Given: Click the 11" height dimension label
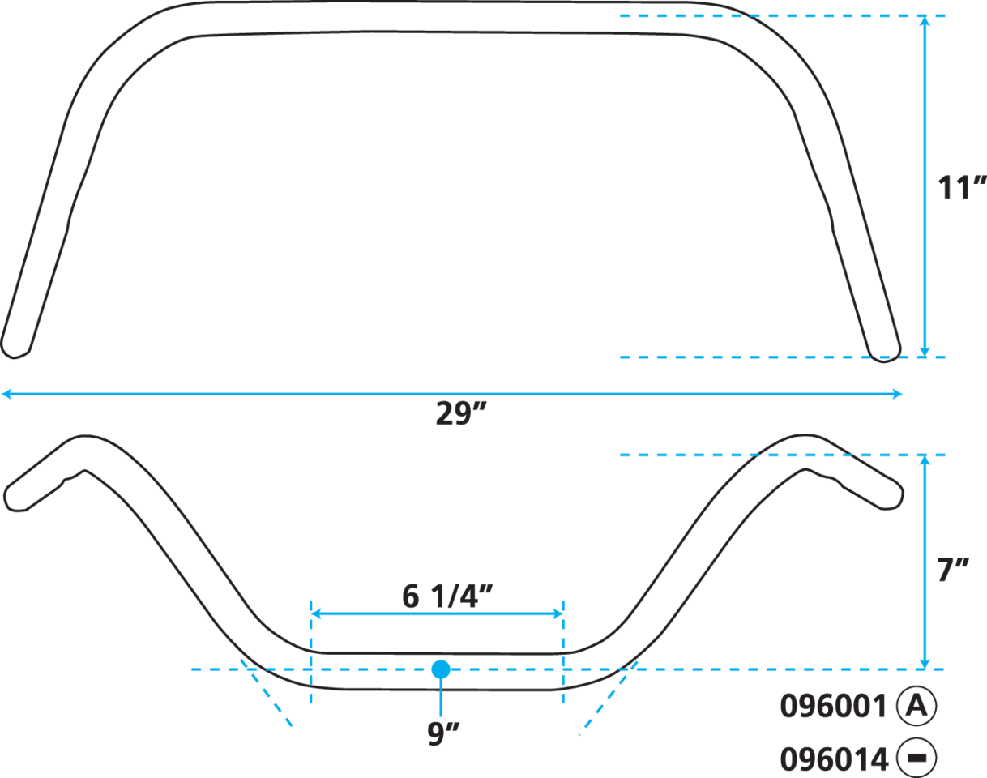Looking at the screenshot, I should pyautogui.click(x=959, y=188).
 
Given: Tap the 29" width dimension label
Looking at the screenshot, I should pyautogui.click(x=462, y=415).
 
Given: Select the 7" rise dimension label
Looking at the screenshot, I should pyautogui.click(x=953, y=571).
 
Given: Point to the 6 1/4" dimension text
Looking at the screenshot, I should pyautogui.click(x=447, y=596).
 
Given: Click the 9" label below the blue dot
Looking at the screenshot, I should pyautogui.click(x=442, y=733).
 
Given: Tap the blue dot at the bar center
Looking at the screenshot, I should pyautogui.click(x=441, y=669).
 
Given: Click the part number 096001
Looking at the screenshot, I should pyautogui.click(x=833, y=707).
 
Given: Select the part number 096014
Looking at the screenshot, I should pyautogui.click(x=833, y=759).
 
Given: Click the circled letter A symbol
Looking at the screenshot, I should pyautogui.click(x=916, y=706).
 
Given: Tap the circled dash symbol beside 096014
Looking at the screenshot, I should pyautogui.click(x=916, y=759).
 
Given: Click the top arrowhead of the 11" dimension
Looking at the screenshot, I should pyautogui.click(x=925, y=22).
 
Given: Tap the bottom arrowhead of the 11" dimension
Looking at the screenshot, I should pyautogui.click(x=925, y=350).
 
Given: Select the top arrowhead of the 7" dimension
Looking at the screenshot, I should pyautogui.click(x=925, y=461).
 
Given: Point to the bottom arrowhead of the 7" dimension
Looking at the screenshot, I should pyautogui.click(x=925, y=663).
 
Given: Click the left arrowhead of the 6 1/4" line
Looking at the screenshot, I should pyautogui.click(x=317, y=613).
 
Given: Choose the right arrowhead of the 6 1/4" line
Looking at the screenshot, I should pyautogui.click(x=558, y=613).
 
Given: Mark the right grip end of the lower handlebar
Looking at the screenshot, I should pyautogui.click(x=896, y=496).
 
